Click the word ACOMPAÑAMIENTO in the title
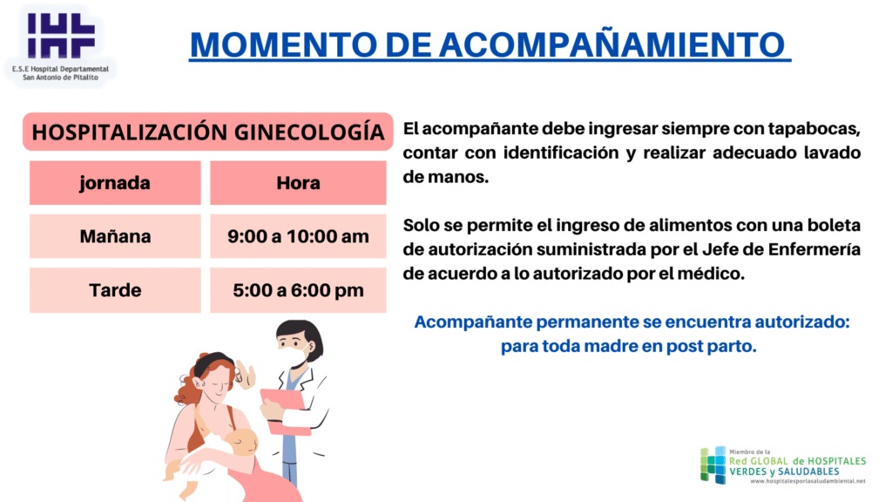[x=612, y=44]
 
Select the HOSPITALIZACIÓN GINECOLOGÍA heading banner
[x=207, y=132]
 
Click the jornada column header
[x=115, y=183]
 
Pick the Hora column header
[x=298, y=183]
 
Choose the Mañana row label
[x=115, y=236]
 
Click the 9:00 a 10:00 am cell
[x=298, y=236]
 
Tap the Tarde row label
[x=115, y=290]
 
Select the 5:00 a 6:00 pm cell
[x=298, y=290]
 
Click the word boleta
[x=834, y=225]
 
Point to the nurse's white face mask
[x=294, y=356]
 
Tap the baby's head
[x=242, y=442]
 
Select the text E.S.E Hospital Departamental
[x=60, y=69]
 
